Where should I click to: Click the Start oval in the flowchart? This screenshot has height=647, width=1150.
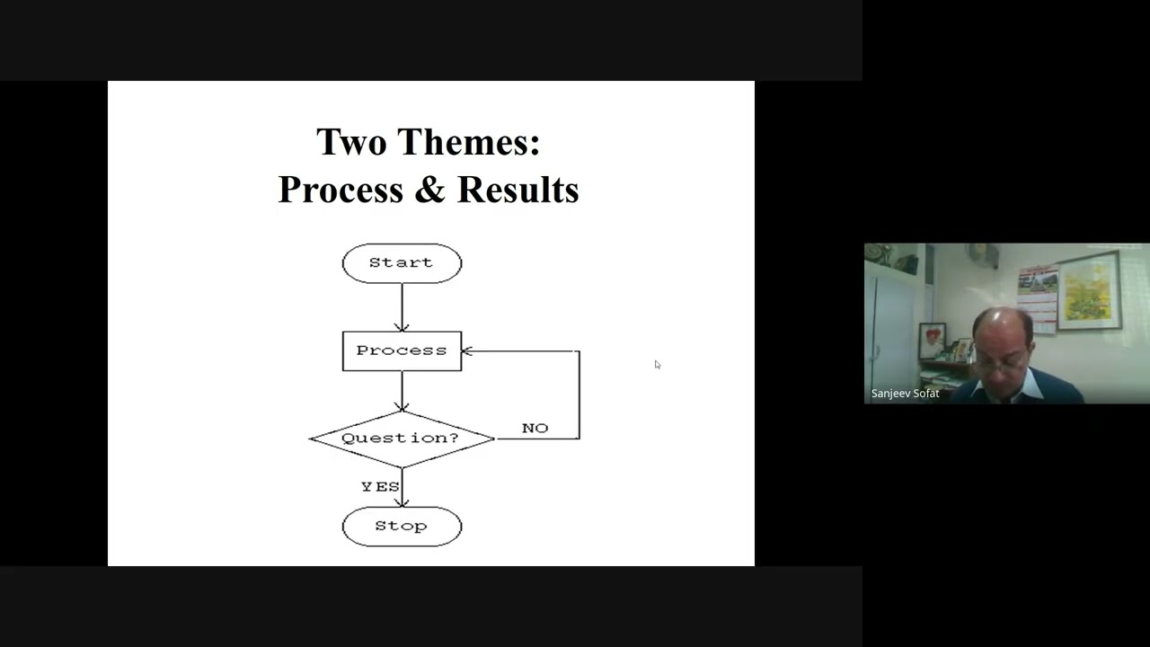[x=402, y=263]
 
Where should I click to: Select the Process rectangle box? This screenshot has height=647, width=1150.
[x=402, y=350]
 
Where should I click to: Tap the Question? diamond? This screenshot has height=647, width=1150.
[x=401, y=439]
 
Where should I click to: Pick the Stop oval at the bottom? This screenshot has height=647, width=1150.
[x=402, y=527]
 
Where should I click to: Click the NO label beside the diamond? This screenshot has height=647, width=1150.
[x=535, y=428]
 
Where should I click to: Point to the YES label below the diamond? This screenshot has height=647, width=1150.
[x=380, y=486]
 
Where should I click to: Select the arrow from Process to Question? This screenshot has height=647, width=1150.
[x=402, y=392]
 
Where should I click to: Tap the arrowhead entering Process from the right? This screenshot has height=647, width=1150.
[x=467, y=351]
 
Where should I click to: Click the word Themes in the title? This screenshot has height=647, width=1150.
[x=468, y=142]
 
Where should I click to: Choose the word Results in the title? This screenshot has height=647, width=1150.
[x=517, y=190]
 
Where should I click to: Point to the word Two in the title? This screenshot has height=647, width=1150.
[x=351, y=142]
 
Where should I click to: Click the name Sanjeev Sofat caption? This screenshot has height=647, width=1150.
[x=905, y=394]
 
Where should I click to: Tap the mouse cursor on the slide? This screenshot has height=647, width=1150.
[x=657, y=364]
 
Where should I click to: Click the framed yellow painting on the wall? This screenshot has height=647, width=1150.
[x=1090, y=290]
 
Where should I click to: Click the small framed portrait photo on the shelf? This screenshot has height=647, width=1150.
[x=933, y=341]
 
